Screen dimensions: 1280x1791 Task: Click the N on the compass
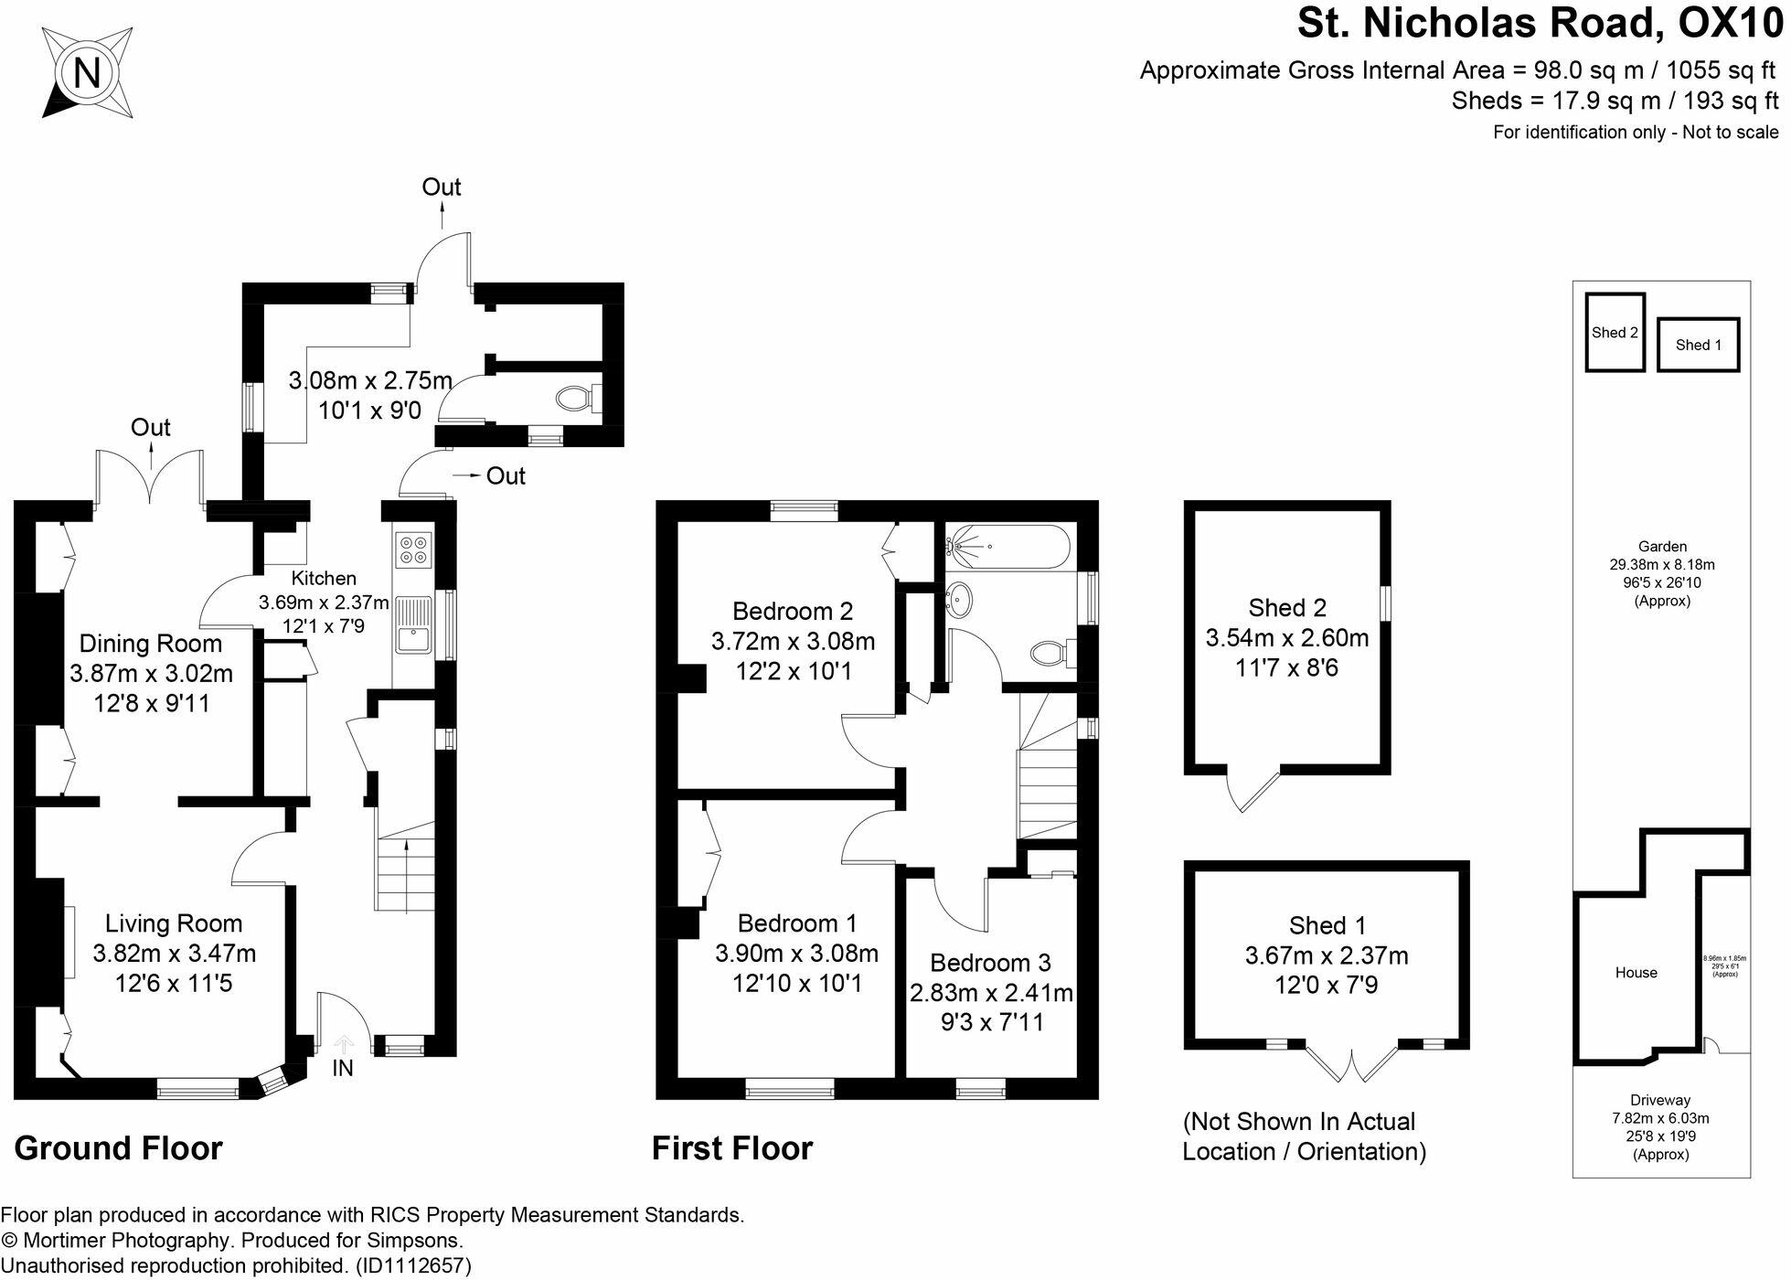point(87,72)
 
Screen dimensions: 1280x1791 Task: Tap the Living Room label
point(174,923)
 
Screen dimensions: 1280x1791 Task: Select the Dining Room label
point(151,644)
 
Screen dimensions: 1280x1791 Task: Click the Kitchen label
point(324,578)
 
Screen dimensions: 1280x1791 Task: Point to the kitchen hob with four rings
point(412,549)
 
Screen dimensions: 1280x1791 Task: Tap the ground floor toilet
point(576,399)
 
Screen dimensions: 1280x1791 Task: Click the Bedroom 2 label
point(793,611)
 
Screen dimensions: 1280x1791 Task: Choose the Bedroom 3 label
point(990,963)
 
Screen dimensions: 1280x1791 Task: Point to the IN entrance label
point(343,1068)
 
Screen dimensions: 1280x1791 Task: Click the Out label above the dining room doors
point(151,427)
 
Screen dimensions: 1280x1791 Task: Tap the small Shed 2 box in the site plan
point(1615,332)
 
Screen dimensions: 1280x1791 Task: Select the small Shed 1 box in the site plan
point(1698,345)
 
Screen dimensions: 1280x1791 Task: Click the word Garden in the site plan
point(1662,547)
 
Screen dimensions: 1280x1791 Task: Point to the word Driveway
point(1660,1100)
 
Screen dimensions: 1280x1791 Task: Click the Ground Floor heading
point(119,1148)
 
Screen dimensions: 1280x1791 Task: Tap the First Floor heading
point(731,1148)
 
